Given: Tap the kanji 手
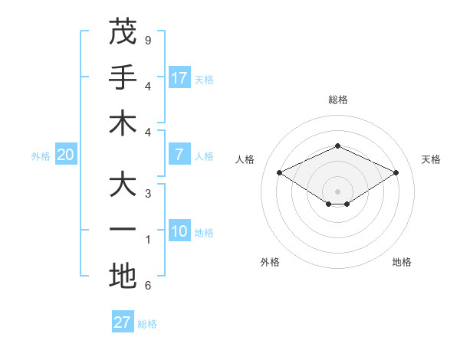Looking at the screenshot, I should [123, 77].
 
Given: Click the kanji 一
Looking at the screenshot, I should [123, 231].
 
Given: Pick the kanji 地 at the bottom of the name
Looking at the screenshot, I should [123, 277].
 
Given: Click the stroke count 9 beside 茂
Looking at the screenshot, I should [148, 40].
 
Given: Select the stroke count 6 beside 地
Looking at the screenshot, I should [148, 286].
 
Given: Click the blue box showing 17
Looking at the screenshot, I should [179, 77].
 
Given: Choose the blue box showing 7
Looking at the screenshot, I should [179, 155].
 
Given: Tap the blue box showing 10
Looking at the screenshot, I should [179, 231].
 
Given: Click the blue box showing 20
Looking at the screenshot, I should [65, 155].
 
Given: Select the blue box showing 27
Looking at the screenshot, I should [123, 322].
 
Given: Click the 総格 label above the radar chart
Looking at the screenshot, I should [337, 100].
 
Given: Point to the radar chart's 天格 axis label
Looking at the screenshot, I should [431, 159].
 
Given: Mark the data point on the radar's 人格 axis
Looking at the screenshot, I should [279, 172].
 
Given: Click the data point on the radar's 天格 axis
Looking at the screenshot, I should [396, 172].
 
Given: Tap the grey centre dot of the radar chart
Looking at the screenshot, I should [337, 191].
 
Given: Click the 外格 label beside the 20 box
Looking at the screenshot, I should [41, 155].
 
